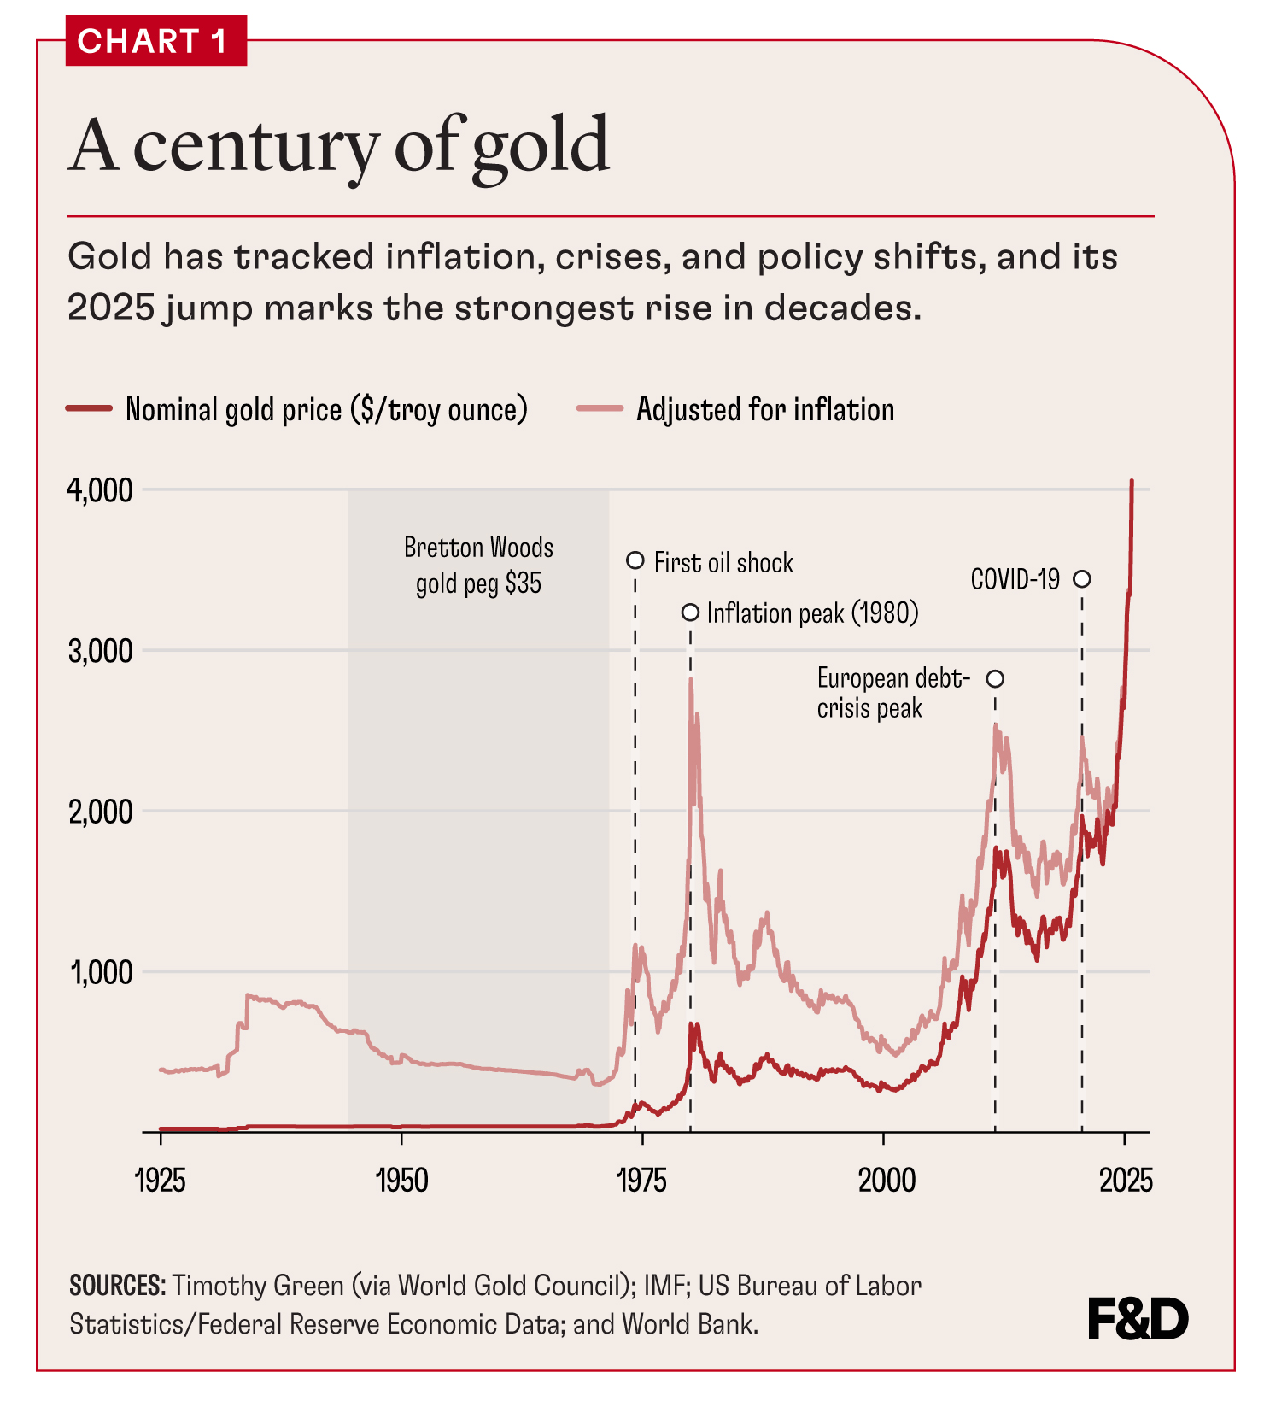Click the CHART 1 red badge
tap(155, 40)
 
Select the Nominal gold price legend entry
tap(325, 409)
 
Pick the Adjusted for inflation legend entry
tap(764, 409)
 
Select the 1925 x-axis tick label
tap(161, 1181)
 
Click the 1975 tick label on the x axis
tap(641, 1181)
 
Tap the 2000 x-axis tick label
tap(886, 1181)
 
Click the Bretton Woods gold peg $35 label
tap(478, 565)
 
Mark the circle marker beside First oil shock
tap(635, 560)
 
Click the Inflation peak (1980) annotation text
tap(812, 613)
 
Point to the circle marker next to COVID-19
tap(1081, 579)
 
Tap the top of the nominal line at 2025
tap(1132, 482)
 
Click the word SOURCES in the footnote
tap(117, 1285)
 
